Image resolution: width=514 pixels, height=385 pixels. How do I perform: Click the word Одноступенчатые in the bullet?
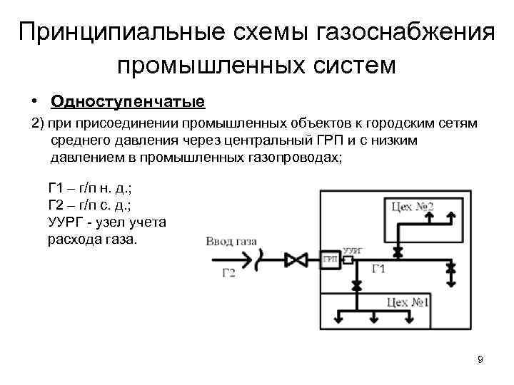(128, 102)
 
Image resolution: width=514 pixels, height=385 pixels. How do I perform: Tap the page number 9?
(480, 359)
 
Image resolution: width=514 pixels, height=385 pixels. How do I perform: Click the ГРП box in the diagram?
(330, 259)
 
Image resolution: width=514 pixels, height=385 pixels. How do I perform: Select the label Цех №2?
(413, 207)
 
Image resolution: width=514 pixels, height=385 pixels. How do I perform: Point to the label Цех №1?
(408, 302)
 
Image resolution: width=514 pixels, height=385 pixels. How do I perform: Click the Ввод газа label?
(229, 243)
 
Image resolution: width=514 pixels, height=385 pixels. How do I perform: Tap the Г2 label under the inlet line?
(228, 274)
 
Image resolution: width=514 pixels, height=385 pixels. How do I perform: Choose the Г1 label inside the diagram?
(379, 269)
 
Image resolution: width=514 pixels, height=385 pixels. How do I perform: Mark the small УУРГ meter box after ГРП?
(348, 259)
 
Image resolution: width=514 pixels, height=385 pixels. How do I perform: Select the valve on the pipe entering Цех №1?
(356, 284)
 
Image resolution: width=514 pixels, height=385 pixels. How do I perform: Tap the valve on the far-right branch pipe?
(450, 269)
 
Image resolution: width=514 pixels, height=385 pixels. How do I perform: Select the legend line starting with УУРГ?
(107, 222)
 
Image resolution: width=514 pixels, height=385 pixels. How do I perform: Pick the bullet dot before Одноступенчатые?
(34, 103)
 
